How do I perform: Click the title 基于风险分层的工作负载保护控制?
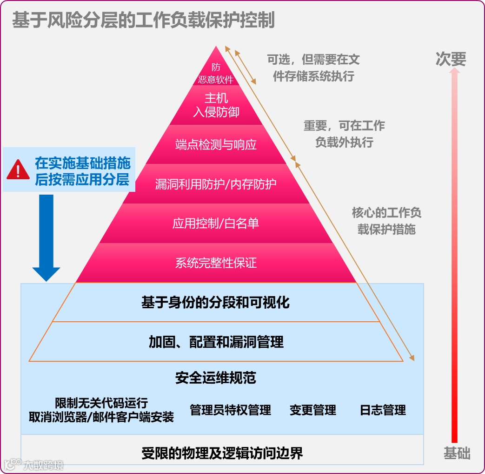(x=143, y=20)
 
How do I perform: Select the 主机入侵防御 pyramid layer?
(x=216, y=105)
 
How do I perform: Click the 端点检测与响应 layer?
(x=216, y=144)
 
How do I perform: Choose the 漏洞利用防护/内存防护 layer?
(x=216, y=184)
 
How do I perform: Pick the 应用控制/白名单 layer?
(x=216, y=223)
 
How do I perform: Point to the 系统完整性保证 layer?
(x=216, y=263)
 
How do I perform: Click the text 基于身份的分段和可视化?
(x=215, y=303)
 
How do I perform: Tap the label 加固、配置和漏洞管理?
(x=216, y=342)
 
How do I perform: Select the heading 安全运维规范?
(x=216, y=378)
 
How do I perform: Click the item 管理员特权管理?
(x=230, y=410)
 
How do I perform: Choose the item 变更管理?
(x=312, y=410)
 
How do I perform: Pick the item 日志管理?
(x=383, y=410)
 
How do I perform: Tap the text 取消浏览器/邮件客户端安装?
(x=101, y=417)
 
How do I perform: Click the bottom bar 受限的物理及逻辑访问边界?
(x=222, y=453)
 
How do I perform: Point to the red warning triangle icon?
(x=18, y=170)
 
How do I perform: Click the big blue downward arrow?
(x=46, y=237)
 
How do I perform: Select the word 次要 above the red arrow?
(x=451, y=59)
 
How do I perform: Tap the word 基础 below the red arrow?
(x=457, y=453)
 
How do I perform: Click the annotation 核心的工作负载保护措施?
(x=386, y=221)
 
